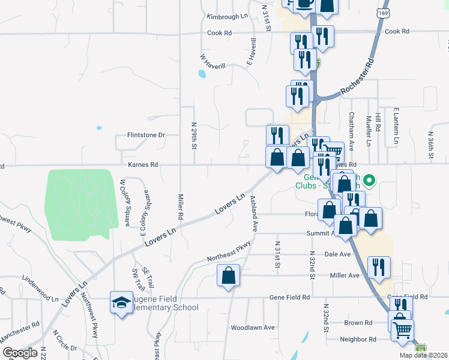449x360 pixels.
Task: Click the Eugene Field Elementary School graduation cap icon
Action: (x=121, y=302)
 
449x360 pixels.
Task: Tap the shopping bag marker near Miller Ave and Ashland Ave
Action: (x=229, y=277)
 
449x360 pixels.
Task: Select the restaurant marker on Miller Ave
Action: (x=378, y=267)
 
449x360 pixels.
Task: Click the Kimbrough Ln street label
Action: (x=227, y=17)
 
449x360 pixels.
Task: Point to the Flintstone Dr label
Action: (x=145, y=135)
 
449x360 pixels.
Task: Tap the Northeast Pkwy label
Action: (x=229, y=251)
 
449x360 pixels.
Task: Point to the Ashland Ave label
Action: (x=254, y=214)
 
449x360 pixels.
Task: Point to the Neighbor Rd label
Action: (x=358, y=339)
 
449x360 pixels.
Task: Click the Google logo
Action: (x=20, y=353)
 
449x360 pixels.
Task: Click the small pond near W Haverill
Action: (x=201, y=74)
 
